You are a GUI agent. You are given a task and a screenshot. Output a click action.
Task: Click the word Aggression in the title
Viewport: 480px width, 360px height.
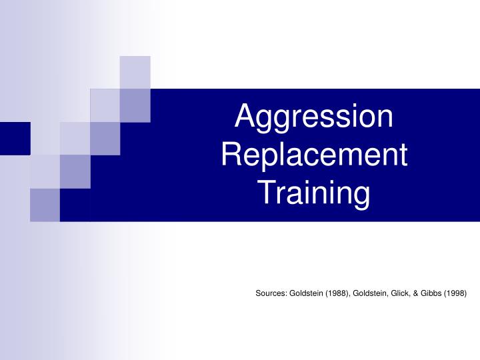pyautogui.click(x=315, y=117)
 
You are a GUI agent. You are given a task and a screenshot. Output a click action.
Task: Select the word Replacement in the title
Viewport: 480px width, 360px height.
pyautogui.click(x=314, y=155)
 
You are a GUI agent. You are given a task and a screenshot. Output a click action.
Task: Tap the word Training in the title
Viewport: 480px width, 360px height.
pyautogui.click(x=314, y=193)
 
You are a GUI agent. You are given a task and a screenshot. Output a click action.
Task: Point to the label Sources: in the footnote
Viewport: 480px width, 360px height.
pyautogui.click(x=271, y=293)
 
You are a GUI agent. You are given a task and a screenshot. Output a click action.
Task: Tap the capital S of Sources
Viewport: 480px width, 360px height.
pyautogui.click(x=259, y=293)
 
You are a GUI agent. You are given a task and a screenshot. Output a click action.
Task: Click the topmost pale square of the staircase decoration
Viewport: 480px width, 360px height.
pyautogui.click(x=135, y=72)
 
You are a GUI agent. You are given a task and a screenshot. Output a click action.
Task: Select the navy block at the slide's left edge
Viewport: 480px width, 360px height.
pyautogui.click(x=15, y=139)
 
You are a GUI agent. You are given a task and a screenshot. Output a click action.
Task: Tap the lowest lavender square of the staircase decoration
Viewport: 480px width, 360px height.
pyautogui.click(x=45, y=205)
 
